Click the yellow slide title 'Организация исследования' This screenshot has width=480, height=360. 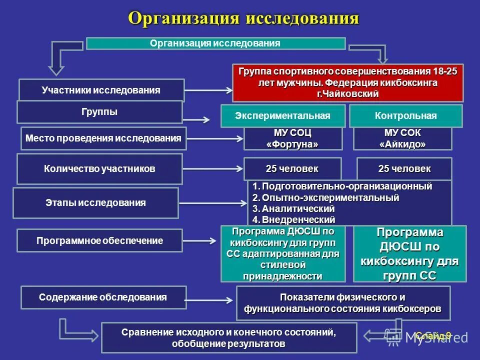click(x=243, y=18)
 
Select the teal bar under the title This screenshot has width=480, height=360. click(x=215, y=43)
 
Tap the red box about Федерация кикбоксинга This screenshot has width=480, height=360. click(x=347, y=82)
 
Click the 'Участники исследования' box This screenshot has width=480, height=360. click(x=101, y=90)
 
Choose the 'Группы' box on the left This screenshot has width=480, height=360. click(x=99, y=112)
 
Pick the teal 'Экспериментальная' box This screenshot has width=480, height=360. click(x=283, y=116)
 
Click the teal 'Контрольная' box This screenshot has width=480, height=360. click(x=405, y=116)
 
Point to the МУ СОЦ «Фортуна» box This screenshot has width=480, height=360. click(x=293, y=138)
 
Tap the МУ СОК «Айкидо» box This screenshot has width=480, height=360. click(x=402, y=138)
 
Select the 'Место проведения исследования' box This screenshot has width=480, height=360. click(x=104, y=138)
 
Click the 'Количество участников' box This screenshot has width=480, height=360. click(x=99, y=169)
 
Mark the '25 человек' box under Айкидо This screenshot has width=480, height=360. click(x=404, y=169)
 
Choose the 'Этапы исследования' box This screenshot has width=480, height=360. click(x=95, y=203)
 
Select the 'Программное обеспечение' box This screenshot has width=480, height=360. click(x=100, y=240)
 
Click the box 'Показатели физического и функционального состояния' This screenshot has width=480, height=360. click(x=343, y=303)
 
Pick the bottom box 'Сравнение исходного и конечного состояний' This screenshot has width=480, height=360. click(x=229, y=338)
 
